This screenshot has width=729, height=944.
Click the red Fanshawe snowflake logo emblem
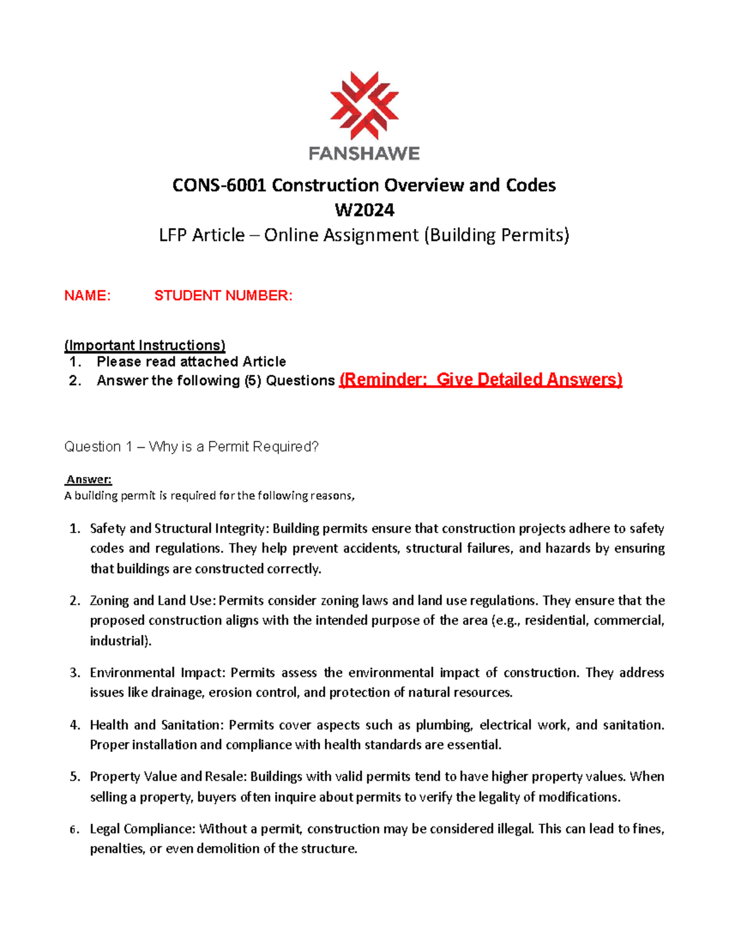coord(364,105)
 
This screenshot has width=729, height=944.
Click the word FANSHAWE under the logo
coord(364,153)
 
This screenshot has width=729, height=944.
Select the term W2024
coord(364,210)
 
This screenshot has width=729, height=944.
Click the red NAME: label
coord(87,296)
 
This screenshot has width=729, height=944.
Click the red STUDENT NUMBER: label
coord(223,296)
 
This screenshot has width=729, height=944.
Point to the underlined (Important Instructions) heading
coord(145,345)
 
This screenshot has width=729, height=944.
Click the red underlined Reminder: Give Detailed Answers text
coord(481,380)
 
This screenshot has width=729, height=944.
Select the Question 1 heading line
coord(191,447)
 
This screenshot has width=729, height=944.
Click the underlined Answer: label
coord(89,480)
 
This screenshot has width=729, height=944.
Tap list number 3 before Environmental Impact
coord(75,673)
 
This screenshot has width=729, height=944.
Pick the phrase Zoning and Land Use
coord(151,601)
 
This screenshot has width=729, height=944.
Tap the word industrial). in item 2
coord(121,641)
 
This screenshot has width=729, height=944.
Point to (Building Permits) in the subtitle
coord(496,235)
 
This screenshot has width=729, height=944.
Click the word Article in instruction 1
coord(264,362)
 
